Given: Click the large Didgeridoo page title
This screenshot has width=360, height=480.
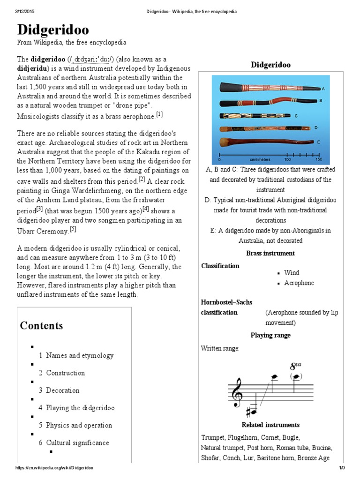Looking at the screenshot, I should click(53, 30).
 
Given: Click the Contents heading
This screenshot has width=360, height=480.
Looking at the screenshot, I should click(41, 325).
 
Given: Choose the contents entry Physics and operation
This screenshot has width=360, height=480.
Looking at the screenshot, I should click(75, 425).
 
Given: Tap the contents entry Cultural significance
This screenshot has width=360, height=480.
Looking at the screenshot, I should click(74, 442).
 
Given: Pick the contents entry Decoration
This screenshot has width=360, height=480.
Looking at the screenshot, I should click(59, 390).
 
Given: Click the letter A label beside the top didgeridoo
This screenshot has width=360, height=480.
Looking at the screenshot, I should click(323, 89).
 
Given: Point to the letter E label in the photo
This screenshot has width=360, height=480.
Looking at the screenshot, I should click(319, 142).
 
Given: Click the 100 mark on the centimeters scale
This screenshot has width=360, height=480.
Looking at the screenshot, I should click(287, 159).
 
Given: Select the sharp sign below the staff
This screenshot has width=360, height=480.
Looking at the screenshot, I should click(248, 411).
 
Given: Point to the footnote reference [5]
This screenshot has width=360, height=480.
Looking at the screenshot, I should click(73, 229).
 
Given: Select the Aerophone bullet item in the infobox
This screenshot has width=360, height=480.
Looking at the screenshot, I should click(299, 283).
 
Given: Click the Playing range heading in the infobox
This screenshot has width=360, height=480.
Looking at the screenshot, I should click(270, 335).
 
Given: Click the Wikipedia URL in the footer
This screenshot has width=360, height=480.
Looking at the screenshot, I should click(54, 468).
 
